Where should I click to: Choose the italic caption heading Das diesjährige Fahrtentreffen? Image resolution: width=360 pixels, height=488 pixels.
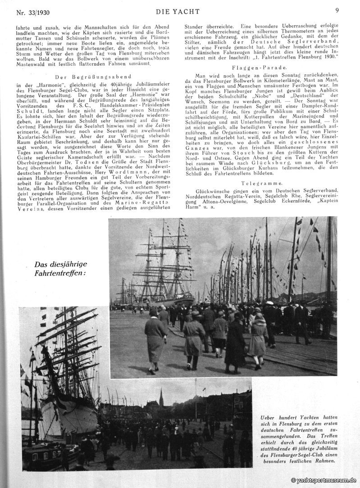click(x=60, y=268)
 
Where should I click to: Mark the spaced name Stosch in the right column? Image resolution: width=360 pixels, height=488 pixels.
click(x=239, y=154)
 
